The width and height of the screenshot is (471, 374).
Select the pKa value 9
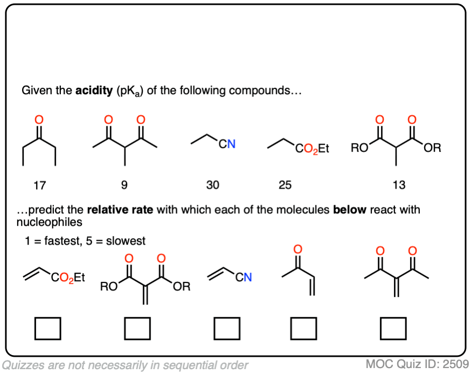(x=124, y=185)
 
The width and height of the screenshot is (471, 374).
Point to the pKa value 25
(x=285, y=185)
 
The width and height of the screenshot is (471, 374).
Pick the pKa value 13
(x=399, y=185)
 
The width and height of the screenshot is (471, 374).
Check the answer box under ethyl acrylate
(x=47, y=328)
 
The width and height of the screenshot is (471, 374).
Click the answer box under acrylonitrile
(x=226, y=328)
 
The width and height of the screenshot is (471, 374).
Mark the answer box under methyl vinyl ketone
(x=304, y=328)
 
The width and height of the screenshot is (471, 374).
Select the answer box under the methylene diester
(x=137, y=328)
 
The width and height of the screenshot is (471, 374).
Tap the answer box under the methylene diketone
(x=393, y=328)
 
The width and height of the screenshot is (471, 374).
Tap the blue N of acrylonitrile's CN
(x=247, y=278)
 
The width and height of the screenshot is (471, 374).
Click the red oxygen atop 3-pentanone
(x=39, y=119)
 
